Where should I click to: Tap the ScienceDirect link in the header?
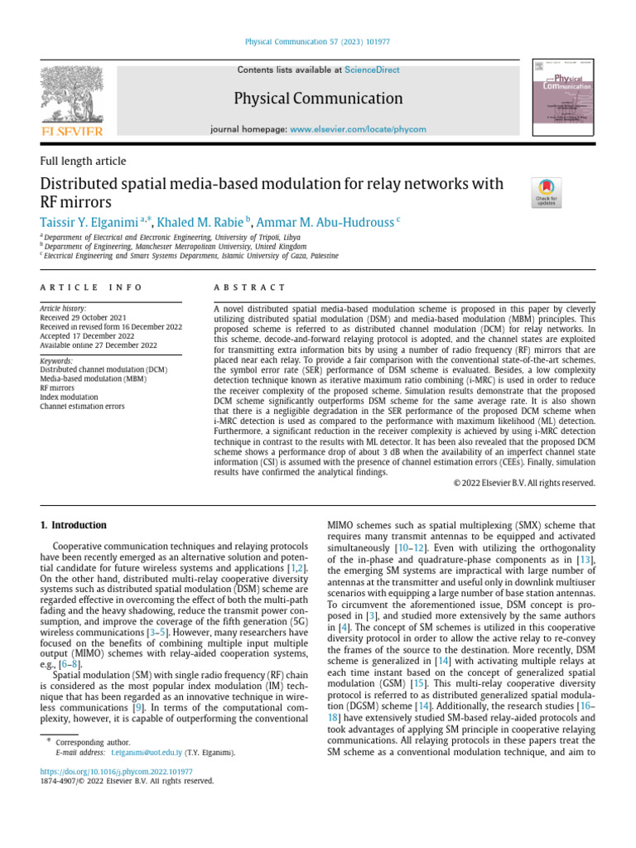372,70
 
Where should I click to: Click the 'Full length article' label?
83,161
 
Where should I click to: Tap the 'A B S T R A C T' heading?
249,287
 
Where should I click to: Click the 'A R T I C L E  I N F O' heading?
91,287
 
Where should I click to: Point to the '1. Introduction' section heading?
74,525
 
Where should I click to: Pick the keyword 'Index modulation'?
69,396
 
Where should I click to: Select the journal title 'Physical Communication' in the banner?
317,99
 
